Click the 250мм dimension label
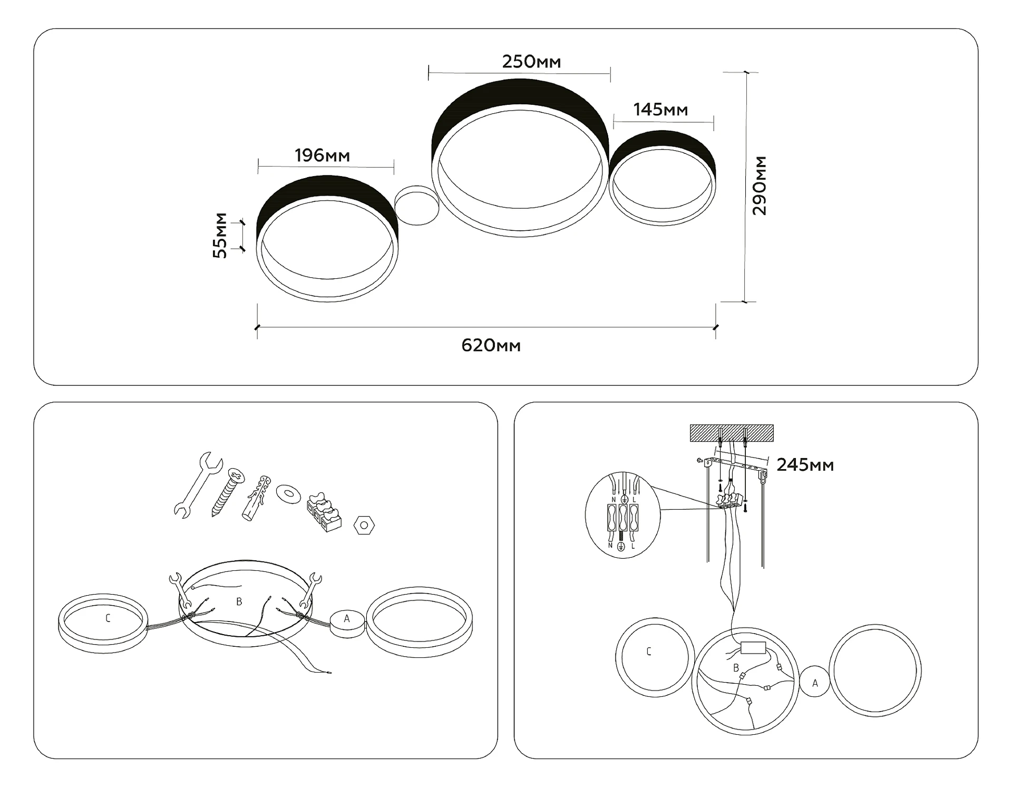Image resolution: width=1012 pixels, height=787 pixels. tap(531, 62)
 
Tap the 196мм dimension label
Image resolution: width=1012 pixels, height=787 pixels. tap(322, 156)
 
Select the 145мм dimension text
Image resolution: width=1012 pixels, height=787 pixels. tap(660, 110)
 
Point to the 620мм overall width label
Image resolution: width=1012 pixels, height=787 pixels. tap(491, 346)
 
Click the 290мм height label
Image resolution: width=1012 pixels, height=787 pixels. tap(760, 186)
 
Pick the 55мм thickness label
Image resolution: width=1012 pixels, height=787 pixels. tap(220, 235)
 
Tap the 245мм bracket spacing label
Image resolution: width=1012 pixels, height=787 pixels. tap(805, 465)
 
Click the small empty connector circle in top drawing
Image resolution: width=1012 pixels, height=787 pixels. tap(417, 205)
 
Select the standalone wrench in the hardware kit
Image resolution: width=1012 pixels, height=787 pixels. tap(197, 484)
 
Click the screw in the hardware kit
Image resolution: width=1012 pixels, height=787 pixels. tap(228, 492)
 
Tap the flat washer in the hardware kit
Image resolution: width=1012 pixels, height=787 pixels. tap(288, 494)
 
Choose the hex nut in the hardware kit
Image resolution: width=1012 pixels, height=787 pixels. tap(364, 526)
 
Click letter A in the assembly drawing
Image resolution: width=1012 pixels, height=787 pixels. tap(347, 618)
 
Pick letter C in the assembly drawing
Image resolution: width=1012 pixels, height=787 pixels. tap(108, 618)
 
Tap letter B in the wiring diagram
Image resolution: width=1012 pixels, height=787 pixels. tap(736, 668)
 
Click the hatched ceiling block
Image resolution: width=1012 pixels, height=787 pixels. tap(732, 433)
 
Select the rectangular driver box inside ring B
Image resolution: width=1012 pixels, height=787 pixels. tap(753, 647)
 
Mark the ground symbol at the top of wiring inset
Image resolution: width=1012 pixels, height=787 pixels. tap(624, 499)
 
